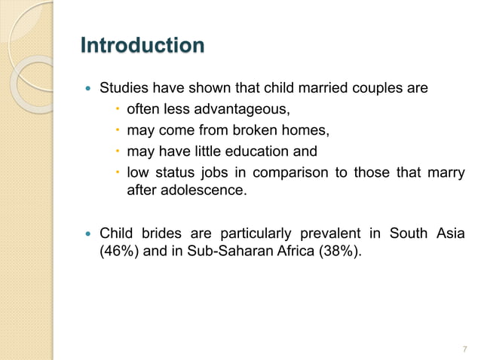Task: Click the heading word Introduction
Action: coord(142,46)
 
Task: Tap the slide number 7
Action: coord(464,348)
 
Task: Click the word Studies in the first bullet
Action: coord(123,89)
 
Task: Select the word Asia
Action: coord(449,233)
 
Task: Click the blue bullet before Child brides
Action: coord(88,233)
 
